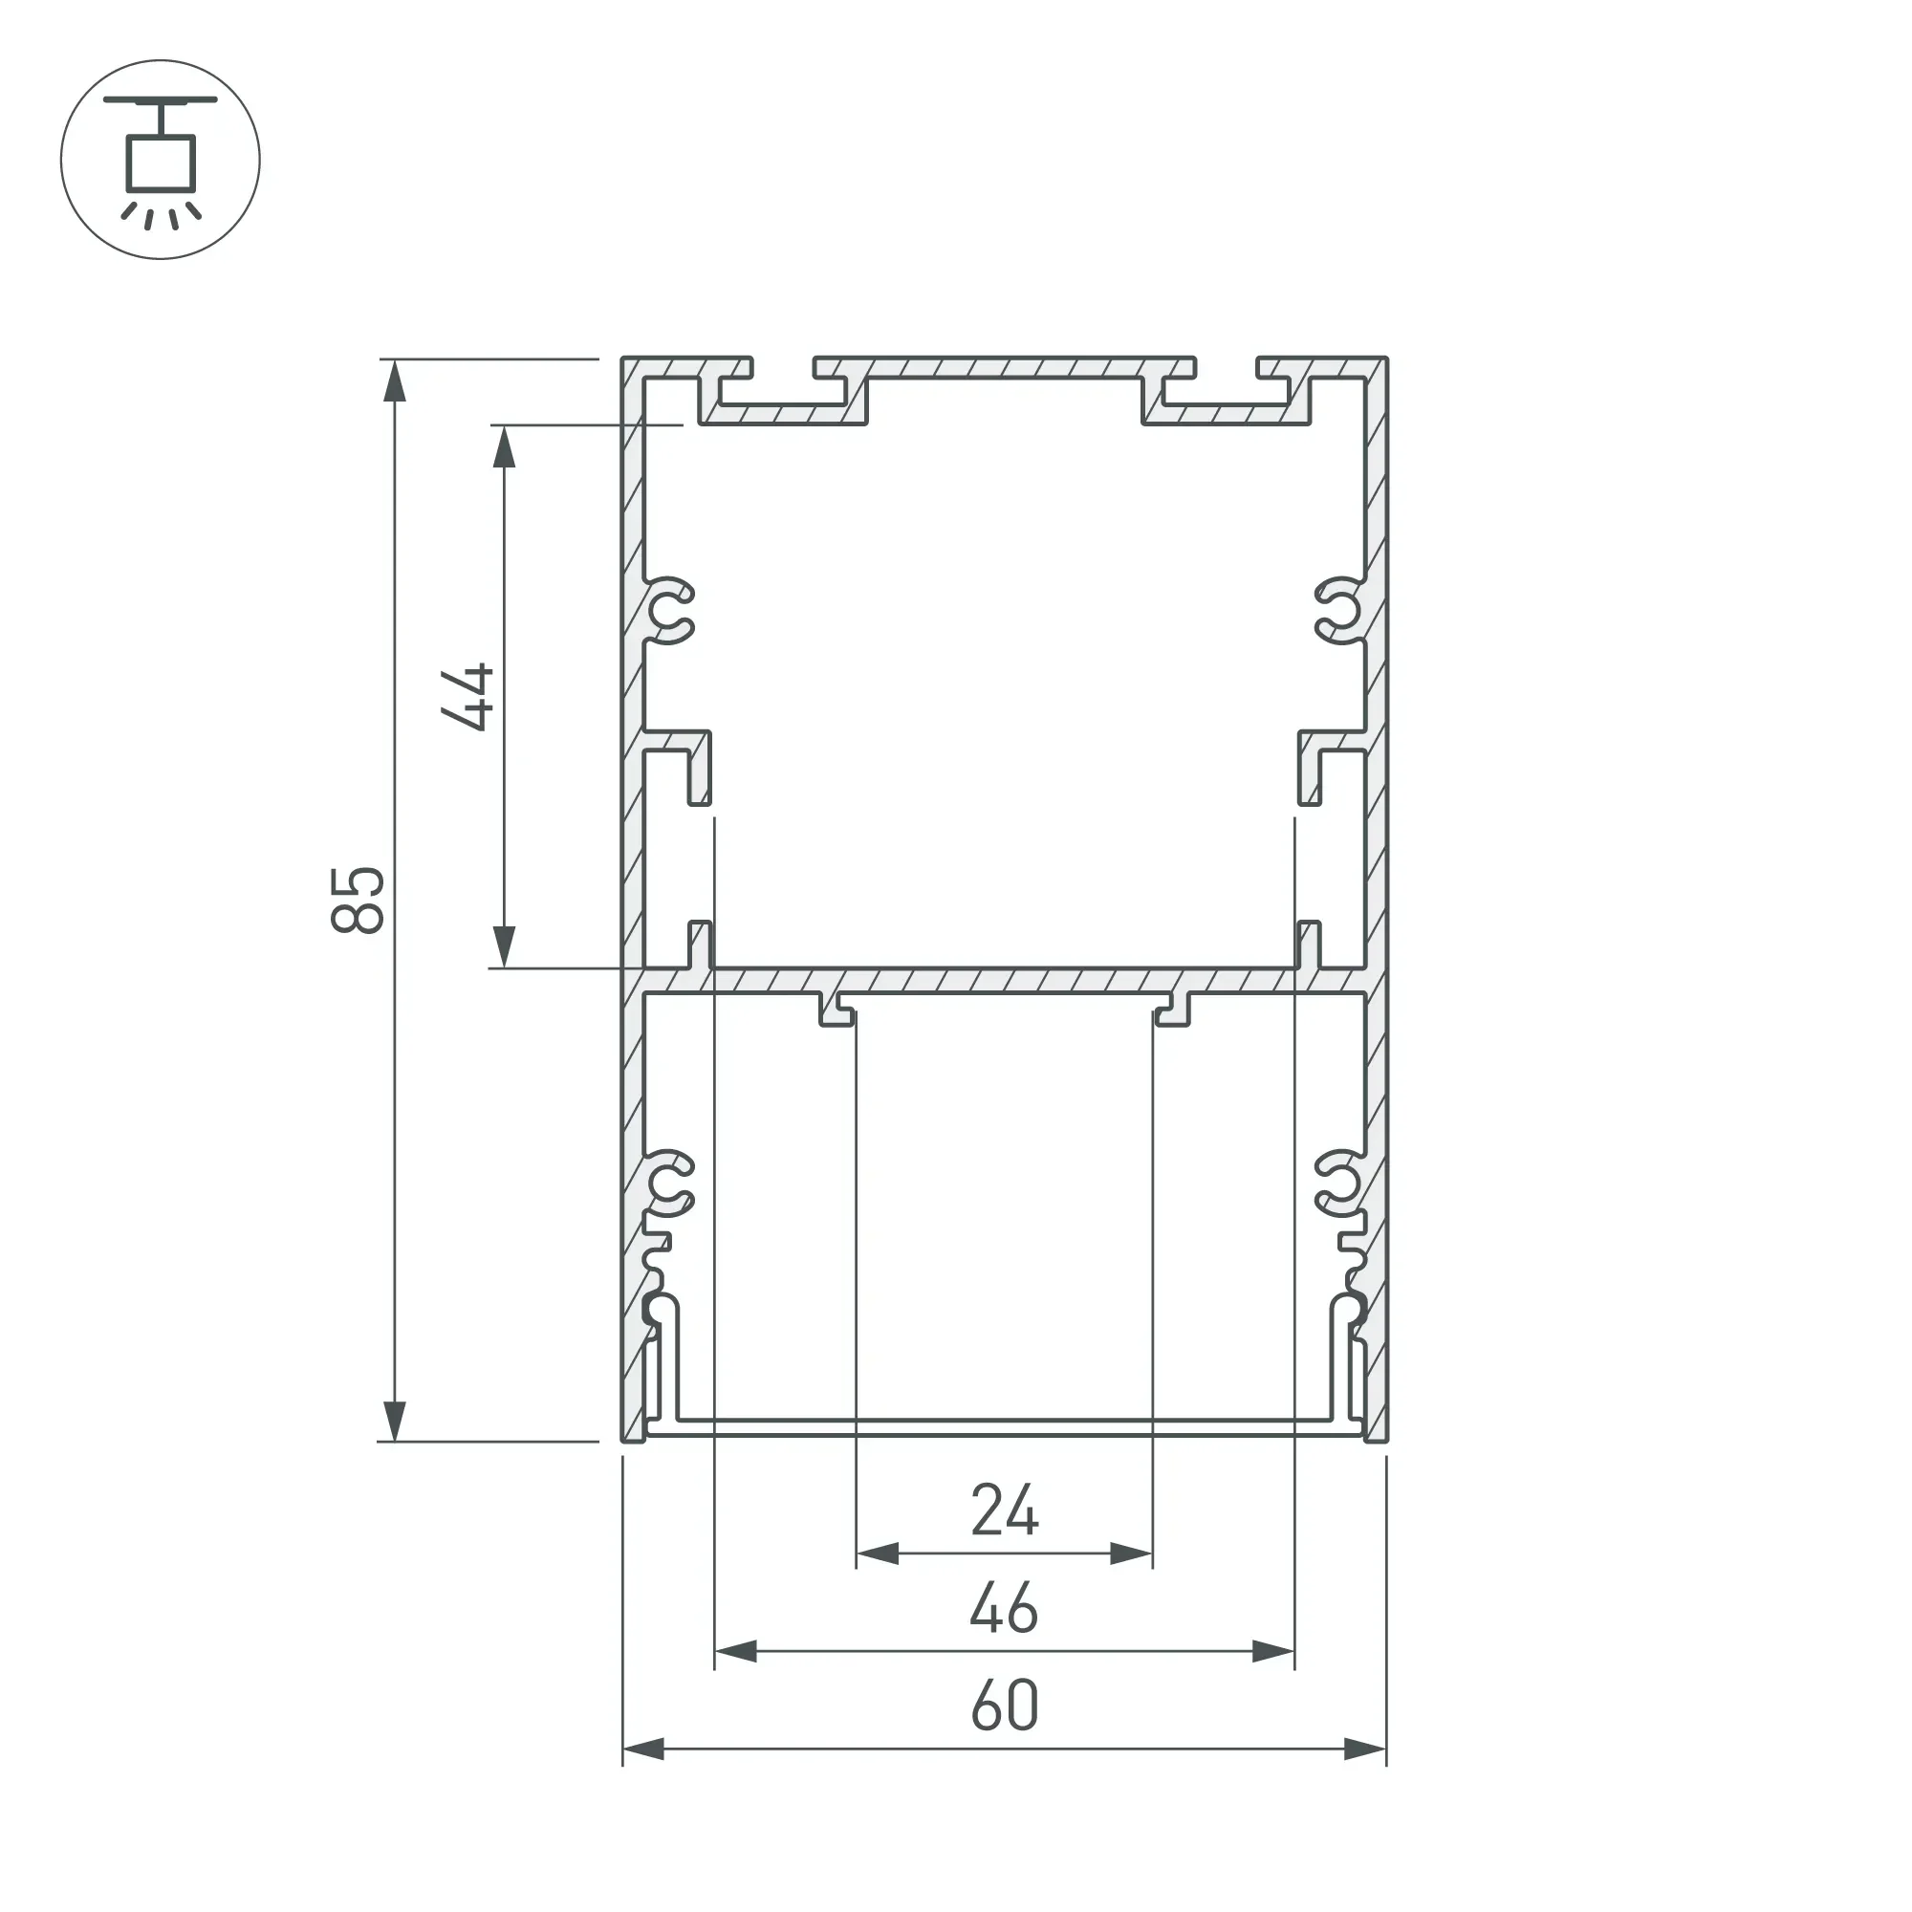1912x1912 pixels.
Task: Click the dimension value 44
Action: pos(467,698)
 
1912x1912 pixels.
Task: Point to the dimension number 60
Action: pos(1005,1706)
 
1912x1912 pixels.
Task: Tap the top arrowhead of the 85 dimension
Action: pos(395,381)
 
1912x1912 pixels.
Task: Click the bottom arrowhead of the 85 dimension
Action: pos(395,1422)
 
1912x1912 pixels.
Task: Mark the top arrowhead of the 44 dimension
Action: pos(505,447)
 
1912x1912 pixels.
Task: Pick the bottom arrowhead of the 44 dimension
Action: pos(505,947)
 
